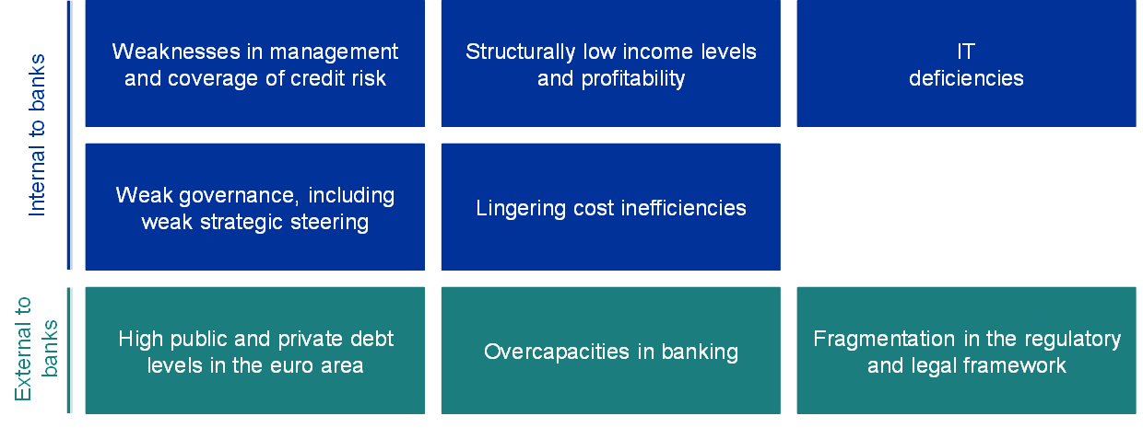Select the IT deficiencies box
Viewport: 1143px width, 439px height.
pos(966,64)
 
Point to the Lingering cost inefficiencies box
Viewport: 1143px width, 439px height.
pos(611,207)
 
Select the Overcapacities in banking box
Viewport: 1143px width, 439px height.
pos(611,351)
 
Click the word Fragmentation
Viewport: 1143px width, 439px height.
pos(884,340)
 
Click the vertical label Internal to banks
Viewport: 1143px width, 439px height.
pos(37,135)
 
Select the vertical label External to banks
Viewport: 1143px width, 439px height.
pos(36,350)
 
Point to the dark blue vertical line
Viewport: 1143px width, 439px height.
pos(69,135)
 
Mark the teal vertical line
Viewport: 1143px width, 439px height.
pos(69,351)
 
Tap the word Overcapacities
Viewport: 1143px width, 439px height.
pos(557,352)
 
